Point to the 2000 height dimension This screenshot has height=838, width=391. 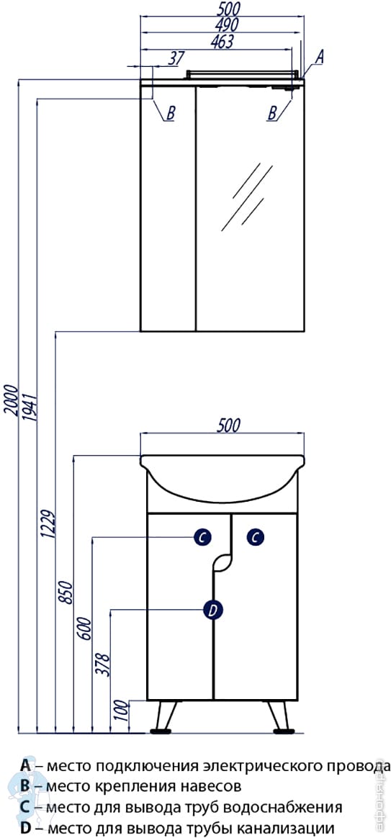coord(10,400)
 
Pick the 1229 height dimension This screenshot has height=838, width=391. coord(49,525)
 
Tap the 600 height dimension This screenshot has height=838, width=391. coord(86,628)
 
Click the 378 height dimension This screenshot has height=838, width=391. coord(104,664)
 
